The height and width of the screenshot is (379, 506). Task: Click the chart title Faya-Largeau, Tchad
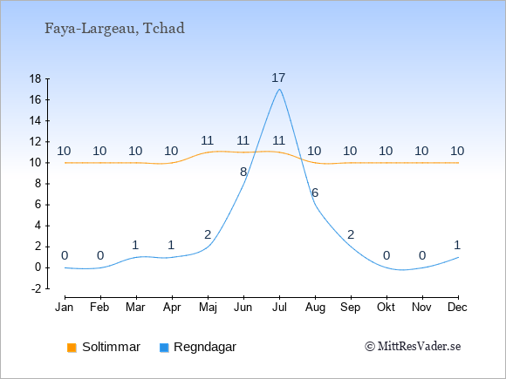pyautogui.click(x=114, y=29)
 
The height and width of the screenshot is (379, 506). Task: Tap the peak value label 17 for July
pyautogui.click(x=278, y=78)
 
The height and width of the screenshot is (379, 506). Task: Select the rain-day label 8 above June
pyautogui.click(x=243, y=173)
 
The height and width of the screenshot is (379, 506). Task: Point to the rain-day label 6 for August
pyautogui.click(x=315, y=193)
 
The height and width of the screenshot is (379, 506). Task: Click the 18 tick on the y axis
pyautogui.click(x=35, y=78)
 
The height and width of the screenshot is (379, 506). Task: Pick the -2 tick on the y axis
pyautogui.click(x=37, y=288)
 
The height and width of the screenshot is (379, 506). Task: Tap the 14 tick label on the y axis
pyautogui.click(x=35, y=121)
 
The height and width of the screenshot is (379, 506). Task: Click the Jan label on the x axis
pyautogui.click(x=65, y=308)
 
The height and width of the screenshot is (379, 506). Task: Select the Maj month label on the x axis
pyautogui.click(x=208, y=308)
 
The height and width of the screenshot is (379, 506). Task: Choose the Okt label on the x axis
pyautogui.click(x=386, y=308)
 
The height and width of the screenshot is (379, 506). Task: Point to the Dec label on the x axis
pyautogui.click(x=458, y=308)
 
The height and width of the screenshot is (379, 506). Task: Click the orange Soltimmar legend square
pyautogui.click(x=72, y=348)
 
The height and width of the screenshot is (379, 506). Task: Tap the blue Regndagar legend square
pyautogui.click(x=164, y=348)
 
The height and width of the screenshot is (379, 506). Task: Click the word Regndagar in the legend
pyautogui.click(x=205, y=347)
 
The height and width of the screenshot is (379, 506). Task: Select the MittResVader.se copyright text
pyautogui.click(x=413, y=347)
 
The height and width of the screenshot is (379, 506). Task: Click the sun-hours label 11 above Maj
pyautogui.click(x=207, y=140)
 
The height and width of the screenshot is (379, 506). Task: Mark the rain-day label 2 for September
pyautogui.click(x=351, y=234)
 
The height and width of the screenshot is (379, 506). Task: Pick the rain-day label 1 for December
pyautogui.click(x=457, y=246)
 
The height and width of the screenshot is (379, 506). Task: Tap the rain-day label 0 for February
pyautogui.click(x=100, y=256)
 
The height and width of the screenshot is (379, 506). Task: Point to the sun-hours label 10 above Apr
pyautogui.click(x=171, y=151)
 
